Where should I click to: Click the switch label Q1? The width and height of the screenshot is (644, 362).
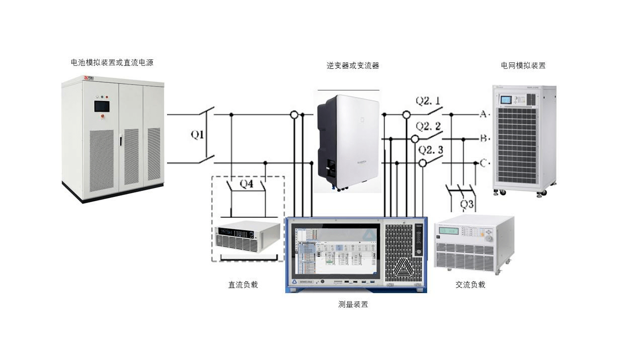(x=197, y=135)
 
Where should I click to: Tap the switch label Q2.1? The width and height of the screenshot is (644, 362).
(x=429, y=101)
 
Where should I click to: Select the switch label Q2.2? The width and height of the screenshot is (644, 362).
(x=429, y=126)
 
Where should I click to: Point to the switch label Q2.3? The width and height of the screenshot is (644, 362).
(x=431, y=150)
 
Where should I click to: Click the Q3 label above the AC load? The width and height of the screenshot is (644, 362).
(x=467, y=205)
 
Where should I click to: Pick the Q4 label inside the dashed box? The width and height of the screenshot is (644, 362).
(x=246, y=184)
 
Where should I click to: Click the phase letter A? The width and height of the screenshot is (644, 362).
(x=483, y=114)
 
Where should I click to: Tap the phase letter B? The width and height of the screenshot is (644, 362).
(x=483, y=138)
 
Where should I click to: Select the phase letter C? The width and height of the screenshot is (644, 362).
(x=483, y=162)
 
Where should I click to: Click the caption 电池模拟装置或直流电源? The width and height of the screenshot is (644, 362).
(x=112, y=63)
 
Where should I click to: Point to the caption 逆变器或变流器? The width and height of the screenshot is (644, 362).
(x=353, y=65)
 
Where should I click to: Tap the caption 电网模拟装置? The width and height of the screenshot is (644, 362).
(x=523, y=65)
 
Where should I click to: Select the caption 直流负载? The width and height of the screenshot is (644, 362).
(x=243, y=285)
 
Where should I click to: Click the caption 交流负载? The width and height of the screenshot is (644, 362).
(x=470, y=285)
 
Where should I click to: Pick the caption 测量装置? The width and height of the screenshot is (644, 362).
(x=353, y=304)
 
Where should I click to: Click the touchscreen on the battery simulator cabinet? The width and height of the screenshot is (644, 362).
(x=102, y=106)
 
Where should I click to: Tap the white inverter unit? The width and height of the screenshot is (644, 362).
(x=348, y=141)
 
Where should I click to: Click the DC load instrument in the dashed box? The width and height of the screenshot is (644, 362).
(x=247, y=237)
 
